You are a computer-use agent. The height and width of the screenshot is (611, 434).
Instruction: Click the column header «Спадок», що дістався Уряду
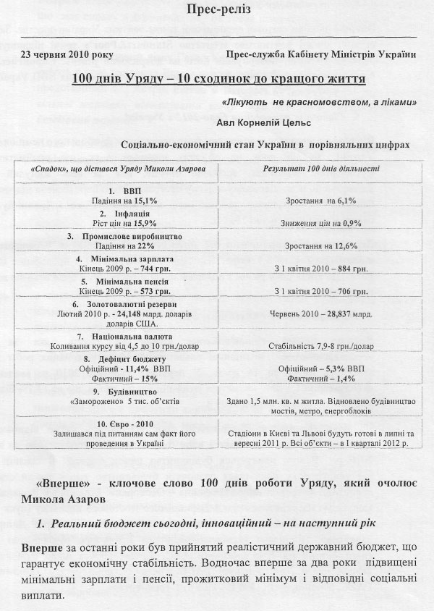click(x=114, y=168)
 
